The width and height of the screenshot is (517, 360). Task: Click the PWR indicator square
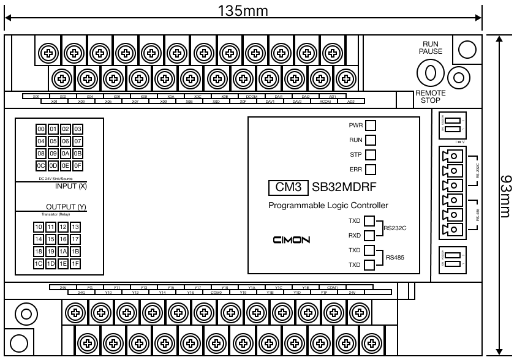point(371,126)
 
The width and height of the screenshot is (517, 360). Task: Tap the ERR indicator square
point(371,170)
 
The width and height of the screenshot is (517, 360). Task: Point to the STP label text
point(356,155)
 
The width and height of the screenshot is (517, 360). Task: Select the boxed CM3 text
point(288,188)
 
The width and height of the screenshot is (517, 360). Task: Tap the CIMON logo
point(292,239)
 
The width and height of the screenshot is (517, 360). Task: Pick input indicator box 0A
point(65,153)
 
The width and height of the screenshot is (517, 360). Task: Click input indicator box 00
point(42,129)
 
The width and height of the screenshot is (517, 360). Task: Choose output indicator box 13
point(76,227)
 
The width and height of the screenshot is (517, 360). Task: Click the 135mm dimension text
point(243,11)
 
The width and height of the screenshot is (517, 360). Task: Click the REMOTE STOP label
point(430,96)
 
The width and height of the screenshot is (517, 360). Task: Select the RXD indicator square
point(370,235)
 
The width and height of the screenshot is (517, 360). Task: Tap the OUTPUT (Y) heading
point(67,207)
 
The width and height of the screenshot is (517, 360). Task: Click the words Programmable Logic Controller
point(328,206)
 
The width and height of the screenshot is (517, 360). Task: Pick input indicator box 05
point(53,141)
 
